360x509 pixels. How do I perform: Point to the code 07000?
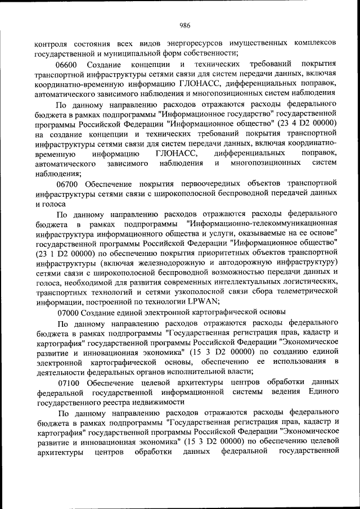click(x=70, y=312)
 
